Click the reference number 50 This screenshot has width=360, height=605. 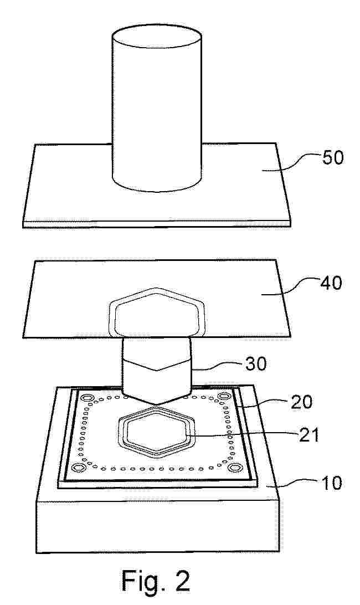pyautogui.click(x=333, y=158)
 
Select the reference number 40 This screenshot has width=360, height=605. pyautogui.click(x=331, y=283)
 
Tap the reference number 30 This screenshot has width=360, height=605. pyautogui.click(x=255, y=363)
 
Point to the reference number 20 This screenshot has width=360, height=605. pyautogui.click(x=301, y=402)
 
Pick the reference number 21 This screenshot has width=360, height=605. pyautogui.click(x=308, y=435)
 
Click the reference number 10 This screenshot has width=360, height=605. pyautogui.click(x=331, y=483)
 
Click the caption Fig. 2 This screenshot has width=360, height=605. pyautogui.click(x=156, y=581)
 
